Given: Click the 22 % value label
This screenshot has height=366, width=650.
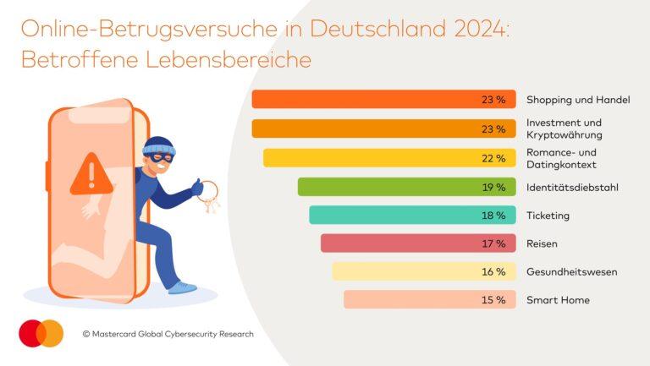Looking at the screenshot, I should [x=493, y=158].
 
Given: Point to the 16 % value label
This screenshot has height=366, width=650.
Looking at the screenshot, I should [x=493, y=272].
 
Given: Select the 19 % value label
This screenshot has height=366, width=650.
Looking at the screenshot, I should [x=493, y=187].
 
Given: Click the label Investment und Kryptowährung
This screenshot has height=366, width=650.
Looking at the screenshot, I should [x=565, y=128].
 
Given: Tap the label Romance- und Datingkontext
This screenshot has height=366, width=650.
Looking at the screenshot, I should [x=562, y=158].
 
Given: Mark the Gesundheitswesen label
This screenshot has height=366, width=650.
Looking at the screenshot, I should [x=571, y=272].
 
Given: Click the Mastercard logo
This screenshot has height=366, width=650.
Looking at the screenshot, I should [x=41, y=333].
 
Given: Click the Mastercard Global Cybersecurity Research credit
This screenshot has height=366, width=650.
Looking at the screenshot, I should [x=168, y=334].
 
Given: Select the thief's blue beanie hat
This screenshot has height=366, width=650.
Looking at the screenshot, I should [x=158, y=146].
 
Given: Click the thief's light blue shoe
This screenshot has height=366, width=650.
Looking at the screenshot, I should [x=182, y=287].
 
